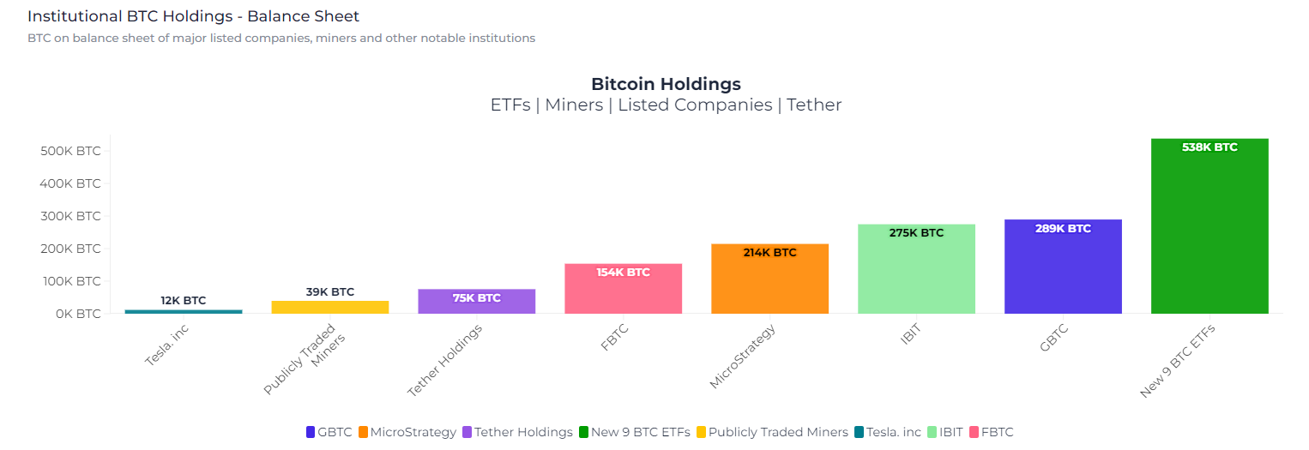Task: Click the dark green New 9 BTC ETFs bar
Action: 1209,231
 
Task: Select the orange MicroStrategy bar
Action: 769,283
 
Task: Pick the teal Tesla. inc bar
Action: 184,311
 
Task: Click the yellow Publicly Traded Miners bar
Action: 330,307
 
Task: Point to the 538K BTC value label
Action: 1209,147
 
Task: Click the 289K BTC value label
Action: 1063,229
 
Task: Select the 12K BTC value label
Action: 184,301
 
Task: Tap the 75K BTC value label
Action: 476,298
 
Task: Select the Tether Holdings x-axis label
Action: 444,360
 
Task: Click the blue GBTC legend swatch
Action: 311,432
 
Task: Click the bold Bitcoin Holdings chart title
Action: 666,84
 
